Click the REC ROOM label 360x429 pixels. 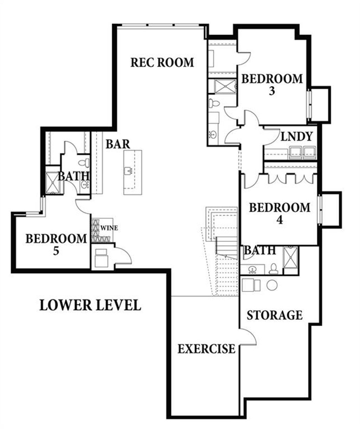point(162,63)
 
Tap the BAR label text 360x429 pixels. point(118,144)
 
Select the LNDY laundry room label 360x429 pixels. point(297,137)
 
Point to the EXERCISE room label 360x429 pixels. point(206,349)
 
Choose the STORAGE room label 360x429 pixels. point(274,315)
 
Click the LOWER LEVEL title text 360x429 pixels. point(90,305)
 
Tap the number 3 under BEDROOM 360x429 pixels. point(271,91)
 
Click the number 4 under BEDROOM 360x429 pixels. point(279,220)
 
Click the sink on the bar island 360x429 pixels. point(128,171)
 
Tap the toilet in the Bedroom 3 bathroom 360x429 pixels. point(213,103)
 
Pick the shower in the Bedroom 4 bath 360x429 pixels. point(290,258)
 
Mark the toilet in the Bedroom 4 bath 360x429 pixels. point(274,269)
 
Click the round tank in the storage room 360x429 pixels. point(272,285)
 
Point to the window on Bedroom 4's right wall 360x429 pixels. point(320,209)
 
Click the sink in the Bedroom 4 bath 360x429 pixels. point(252,270)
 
